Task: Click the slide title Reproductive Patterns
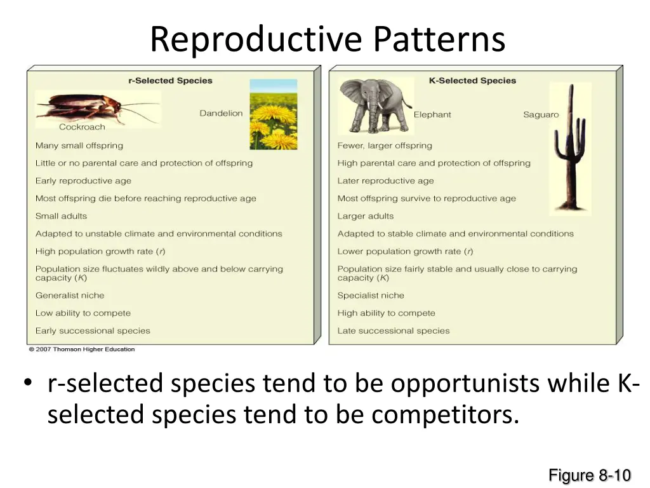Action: [x=328, y=39]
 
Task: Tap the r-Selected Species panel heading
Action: [x=170, y=81]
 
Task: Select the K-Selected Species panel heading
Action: [x=472, y=81]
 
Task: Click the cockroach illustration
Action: [x=95, y=106]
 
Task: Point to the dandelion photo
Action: [x=273, y=114]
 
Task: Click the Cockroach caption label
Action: [x=82, y=127]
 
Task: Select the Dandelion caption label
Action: [x=221, y=113]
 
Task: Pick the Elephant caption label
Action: [x=432, y=114]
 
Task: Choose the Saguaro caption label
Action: [x=541, y=114]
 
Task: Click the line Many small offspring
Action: [x=79, y=146]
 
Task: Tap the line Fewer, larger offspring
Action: [x=385, y=146]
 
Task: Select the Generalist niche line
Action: [x=70, y=295]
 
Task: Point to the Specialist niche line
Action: [x=371, y=295]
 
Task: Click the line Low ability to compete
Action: [x=83, y=313]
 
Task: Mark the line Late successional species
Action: [x=394, y=331]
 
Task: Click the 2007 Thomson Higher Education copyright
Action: [x=82, y=349]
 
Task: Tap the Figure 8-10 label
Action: [x=589, y=475]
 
